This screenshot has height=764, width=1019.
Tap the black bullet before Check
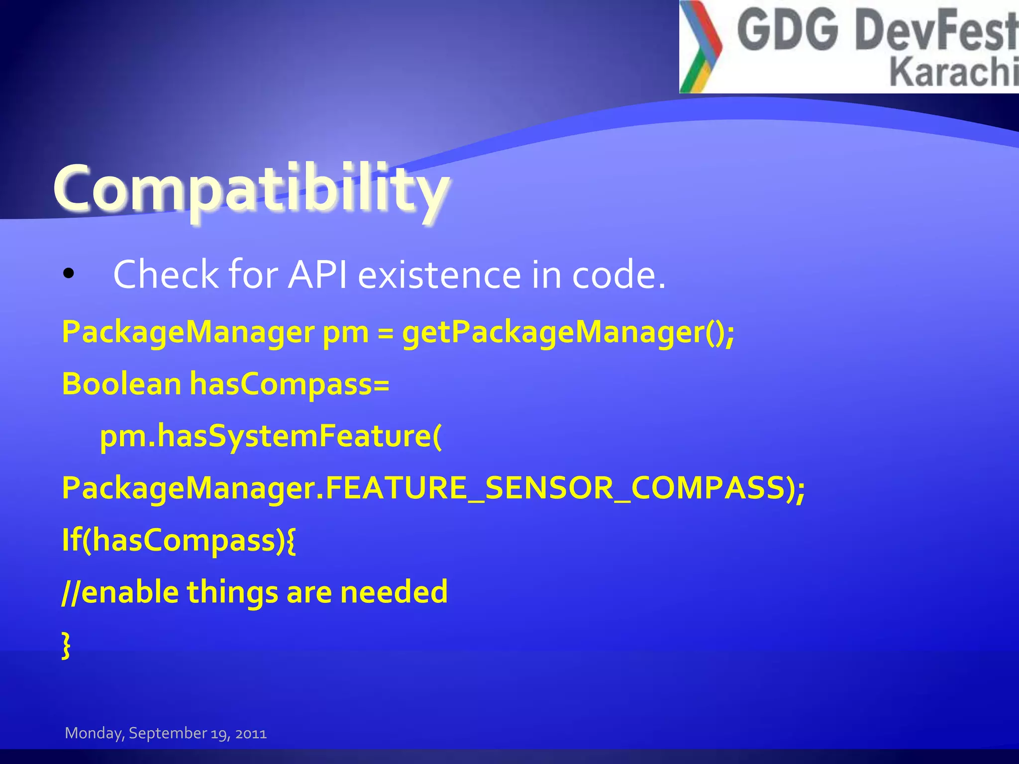pyautogui.click(x=69, y=274)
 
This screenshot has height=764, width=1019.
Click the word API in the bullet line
pyautogui.click(x=317, y=275)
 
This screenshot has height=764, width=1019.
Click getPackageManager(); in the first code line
pyautogui.click(x=567, y=332)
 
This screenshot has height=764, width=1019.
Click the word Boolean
pyautogui.click(x=121, y=384)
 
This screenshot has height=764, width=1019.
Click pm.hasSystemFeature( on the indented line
pyautogui.click(x=271, y=437)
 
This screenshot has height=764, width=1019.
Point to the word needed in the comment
pyautogui.click(x=394, y=592)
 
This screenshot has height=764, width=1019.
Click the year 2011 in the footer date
pyautogui.click(x=251, y=734)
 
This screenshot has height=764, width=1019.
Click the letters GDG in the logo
pyautogui.click(x=787, y=31)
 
